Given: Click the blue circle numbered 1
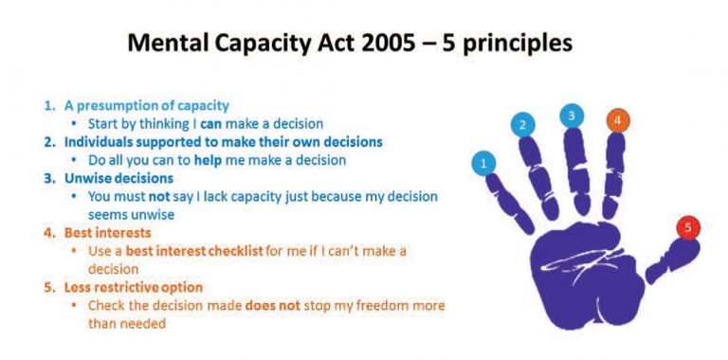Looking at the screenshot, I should click(x=484, y=163).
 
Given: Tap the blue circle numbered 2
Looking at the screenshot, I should click(x=521, y=124).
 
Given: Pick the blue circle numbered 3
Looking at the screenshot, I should click(x=571, y=116).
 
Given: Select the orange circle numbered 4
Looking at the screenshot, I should click(x=616, y=120).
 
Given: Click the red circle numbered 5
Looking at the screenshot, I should click(x=687, y=227).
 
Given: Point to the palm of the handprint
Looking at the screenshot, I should click(x=578, y=270).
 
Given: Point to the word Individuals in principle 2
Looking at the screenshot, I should click(x=99, y=142).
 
